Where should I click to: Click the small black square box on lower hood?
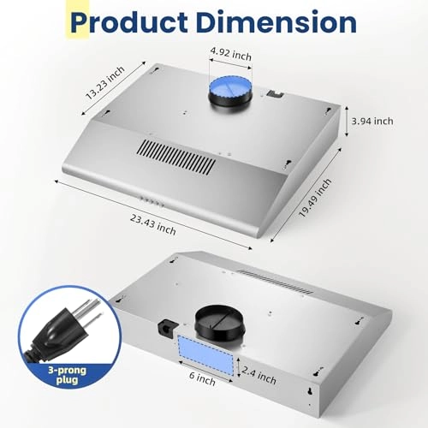tap(164, 326)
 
